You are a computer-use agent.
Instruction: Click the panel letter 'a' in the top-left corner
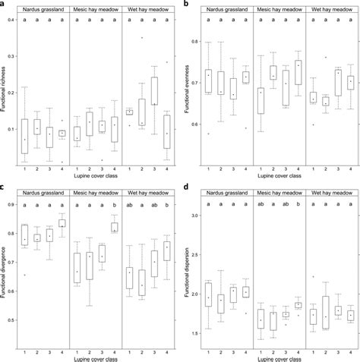[4, 5]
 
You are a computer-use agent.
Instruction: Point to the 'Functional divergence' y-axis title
[5, 274]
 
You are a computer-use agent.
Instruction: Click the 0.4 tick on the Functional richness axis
[13, 19]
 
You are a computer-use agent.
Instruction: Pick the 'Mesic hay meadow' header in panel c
[96, 192]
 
